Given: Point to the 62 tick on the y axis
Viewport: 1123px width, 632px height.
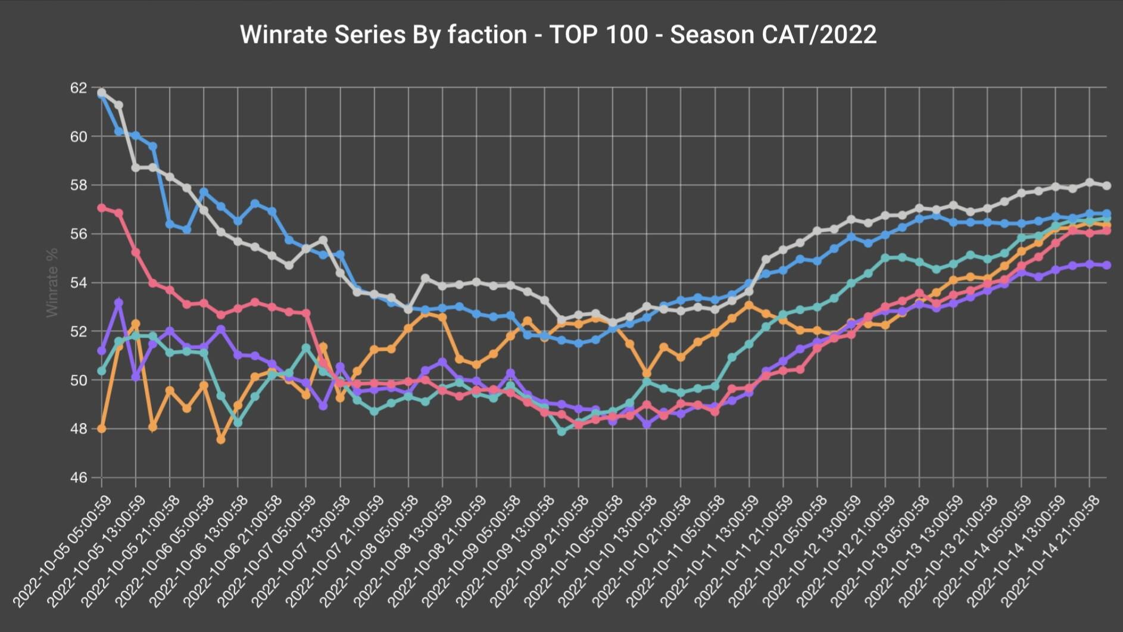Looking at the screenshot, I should click(x=79, y=88).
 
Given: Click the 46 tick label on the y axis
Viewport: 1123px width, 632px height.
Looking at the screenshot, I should click(x=79, y=478).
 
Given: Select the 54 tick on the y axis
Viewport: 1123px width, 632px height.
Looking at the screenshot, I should click(x=79, y=283).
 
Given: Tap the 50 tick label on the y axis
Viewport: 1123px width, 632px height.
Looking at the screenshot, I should click(x=79, y=380).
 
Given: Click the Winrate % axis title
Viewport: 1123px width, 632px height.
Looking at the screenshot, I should click(x=52, y=283).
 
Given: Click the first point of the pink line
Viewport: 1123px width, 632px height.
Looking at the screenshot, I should click(x=102, y=208).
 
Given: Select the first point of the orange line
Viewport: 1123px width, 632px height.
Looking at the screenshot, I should click(x=102, y=428).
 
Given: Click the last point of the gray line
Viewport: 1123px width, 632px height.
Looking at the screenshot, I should click(x=1107, y=186).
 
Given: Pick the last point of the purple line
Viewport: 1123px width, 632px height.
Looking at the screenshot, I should click(x=1107, y=265).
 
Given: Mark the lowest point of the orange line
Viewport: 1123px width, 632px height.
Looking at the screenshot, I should click(x=221, y=439).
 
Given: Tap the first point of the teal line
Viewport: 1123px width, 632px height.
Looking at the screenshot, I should click(x=102, y=371).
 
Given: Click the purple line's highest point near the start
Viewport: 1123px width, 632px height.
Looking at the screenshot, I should click(x=119, y=303).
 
